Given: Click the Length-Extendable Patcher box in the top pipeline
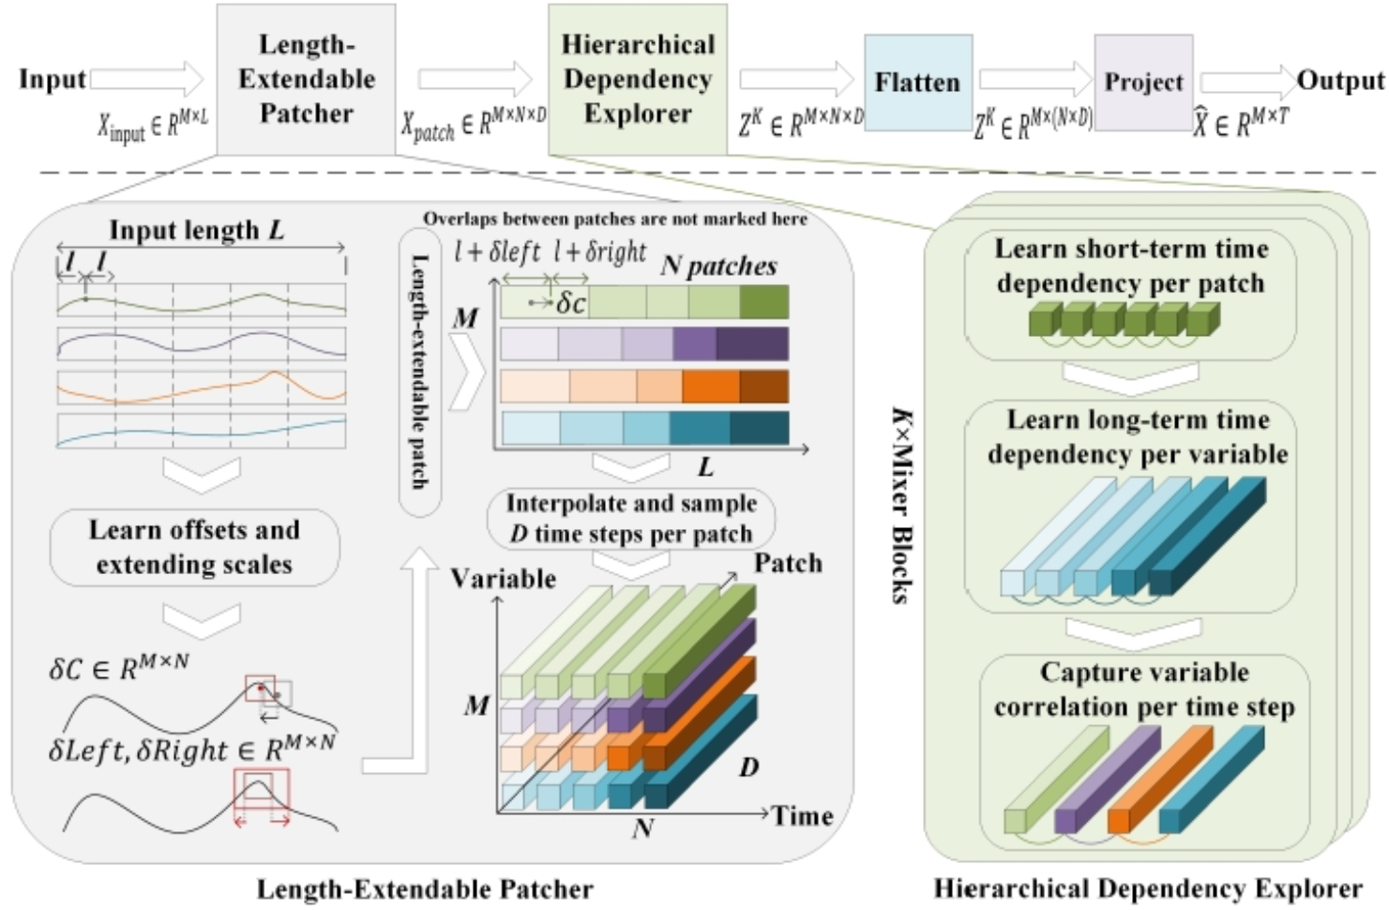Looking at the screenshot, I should click(306, 79).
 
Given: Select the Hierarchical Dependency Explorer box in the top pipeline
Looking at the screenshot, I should click(637, 79).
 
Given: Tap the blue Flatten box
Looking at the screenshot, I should click(917, 83).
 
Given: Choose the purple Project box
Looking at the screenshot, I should click(1143, 83).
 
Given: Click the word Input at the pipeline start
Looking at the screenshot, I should click(53, 79).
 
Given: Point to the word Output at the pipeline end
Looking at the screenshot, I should click(1340, 81).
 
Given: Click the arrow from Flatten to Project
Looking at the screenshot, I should click(1034, 81).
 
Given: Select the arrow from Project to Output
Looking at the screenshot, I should click(1247, 81).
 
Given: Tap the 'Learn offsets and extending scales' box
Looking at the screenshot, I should click(194, 547).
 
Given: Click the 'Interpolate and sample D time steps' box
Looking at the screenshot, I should click(631, 518).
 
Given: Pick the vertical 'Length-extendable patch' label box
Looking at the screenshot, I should click(419, 372).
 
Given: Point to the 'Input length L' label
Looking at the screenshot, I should click(197, 230).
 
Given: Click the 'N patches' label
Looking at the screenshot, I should click(718, 266).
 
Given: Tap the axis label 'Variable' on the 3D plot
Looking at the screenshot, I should click(503, 578).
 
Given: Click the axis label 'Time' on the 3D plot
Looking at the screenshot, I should click(803, 815).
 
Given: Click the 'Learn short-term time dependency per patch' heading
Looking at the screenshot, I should click(1130, 265).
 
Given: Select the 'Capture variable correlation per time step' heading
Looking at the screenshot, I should click(1143, 690).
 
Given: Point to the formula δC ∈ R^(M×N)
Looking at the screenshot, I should click(119, 668).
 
